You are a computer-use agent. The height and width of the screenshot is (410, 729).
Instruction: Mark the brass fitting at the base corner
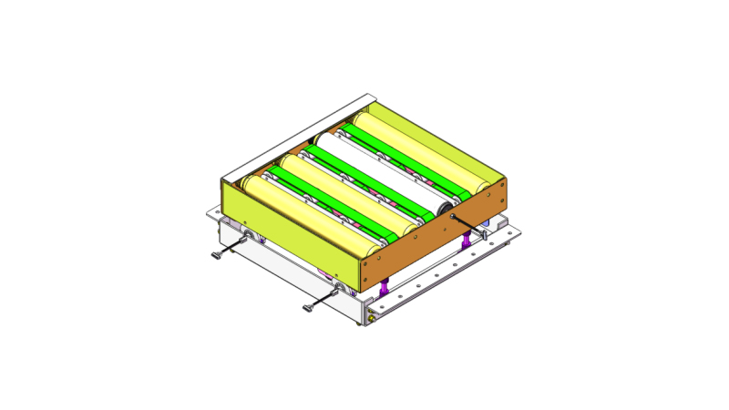[371, 320]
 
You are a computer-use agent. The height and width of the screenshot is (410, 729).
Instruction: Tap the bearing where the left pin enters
[249, 236]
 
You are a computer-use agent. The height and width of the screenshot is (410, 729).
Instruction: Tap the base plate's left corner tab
[211, 215]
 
